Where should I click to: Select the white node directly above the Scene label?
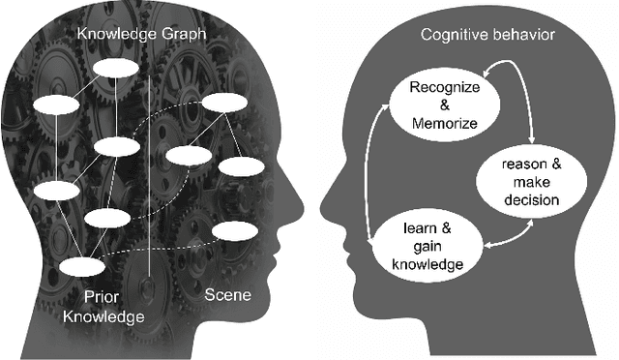234,231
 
